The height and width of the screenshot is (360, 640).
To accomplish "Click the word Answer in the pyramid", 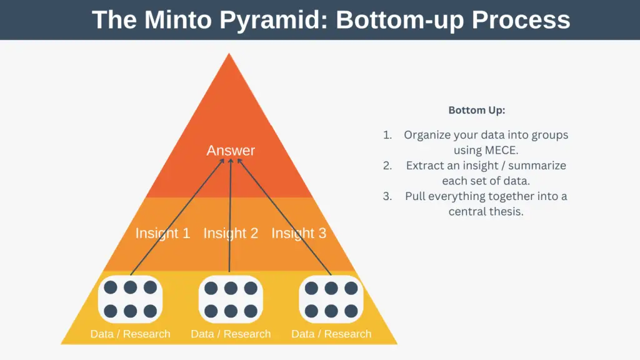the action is click(x=231, y=150).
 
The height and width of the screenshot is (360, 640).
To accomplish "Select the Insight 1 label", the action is click(x=163, y=233).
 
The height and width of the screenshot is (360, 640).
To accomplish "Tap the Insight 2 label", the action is click(x=231, y=233).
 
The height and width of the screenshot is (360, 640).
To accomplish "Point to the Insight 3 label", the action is click(x=299, y=233).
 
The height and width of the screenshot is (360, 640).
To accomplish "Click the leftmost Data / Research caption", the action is click(x=130, y=334).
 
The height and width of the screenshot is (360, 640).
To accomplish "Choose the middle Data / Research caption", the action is click(x=231, y=334).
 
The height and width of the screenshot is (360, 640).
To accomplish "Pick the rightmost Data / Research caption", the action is click(x=331, y=334).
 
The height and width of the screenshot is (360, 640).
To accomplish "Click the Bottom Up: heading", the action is click(x=477, y=110).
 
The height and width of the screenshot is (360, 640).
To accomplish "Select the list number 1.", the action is click(x=387, y=135).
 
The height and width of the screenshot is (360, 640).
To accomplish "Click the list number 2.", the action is click(x=387, y=166).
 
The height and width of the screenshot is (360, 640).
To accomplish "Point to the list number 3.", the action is click(x=387, y=196).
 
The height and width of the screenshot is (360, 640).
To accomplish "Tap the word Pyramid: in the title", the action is click(x=274, y=21).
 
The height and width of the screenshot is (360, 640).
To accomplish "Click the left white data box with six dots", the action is click(x=130, y=299).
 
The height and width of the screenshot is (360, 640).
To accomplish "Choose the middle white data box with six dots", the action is click(x=231, y=299).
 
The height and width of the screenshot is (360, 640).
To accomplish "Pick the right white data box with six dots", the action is click(x=331, y=299).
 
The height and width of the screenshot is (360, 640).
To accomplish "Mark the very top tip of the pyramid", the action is click(x=229, y=53).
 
